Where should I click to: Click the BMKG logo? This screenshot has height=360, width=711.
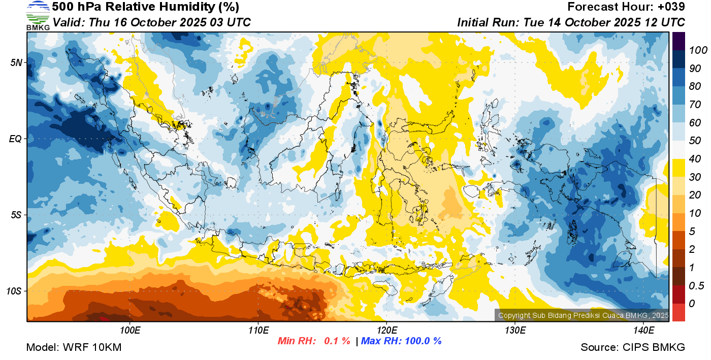click(38, 15)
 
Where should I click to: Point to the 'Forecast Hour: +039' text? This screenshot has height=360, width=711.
click(626, 7)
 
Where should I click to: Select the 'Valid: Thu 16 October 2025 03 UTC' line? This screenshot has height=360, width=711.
click(151, 22)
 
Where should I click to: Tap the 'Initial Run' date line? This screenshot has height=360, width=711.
click(571, 22)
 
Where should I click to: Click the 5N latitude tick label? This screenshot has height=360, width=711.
click(16, 62)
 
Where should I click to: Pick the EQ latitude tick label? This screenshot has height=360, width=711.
click(16, 139)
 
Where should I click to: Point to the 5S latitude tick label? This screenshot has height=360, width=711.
click(16, 215)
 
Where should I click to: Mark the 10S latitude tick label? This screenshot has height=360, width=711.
click(14, 291)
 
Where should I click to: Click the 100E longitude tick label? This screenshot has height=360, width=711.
click(130, 331)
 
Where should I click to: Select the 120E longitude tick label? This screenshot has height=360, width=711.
click(386, 331)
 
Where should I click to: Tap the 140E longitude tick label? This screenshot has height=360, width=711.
click(643, 331)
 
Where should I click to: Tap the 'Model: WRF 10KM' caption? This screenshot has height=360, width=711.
click(74, 347)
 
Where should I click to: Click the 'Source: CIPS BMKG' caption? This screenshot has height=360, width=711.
click(633, 347)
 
